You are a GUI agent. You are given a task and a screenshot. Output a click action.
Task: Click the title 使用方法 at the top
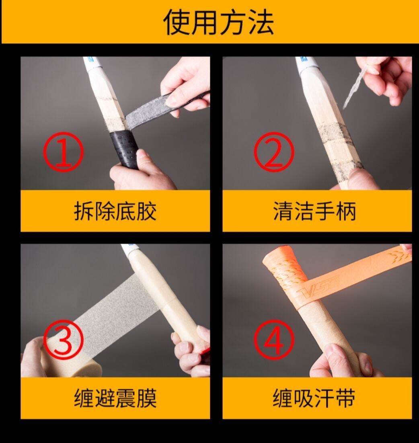(219, 23)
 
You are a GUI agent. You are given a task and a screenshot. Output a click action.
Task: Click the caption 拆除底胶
(115, 211)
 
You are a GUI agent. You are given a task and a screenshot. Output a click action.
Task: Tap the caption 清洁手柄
(314, 211)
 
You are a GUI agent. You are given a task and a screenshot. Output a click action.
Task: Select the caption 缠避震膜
(115, 398)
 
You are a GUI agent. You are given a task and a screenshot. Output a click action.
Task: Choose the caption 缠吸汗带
(314, 398)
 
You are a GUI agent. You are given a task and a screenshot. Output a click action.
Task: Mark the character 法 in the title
(261, 23)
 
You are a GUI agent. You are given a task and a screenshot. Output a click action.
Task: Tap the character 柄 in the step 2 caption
(346, 211)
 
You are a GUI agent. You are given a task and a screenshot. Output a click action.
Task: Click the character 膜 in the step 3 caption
(146, 398)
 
